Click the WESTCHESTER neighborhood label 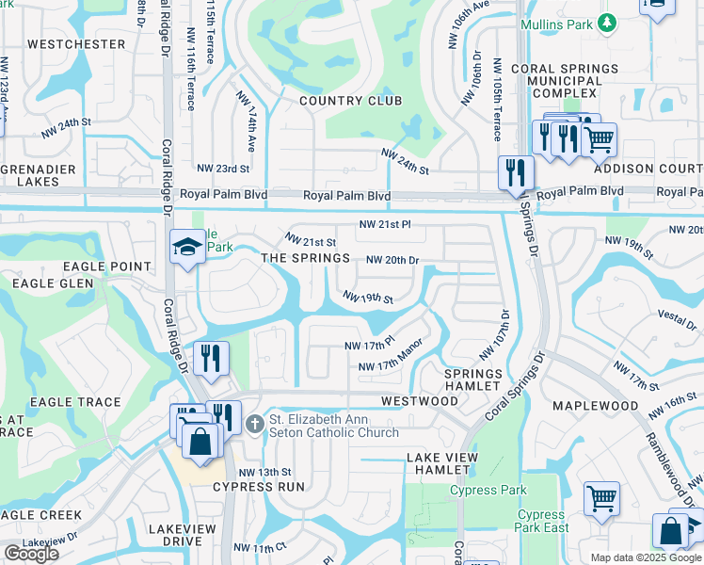pos(76,44)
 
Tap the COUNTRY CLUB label pos(350,101)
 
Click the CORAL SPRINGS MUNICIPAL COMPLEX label pos(565,81)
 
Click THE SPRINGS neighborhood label pos(305,258)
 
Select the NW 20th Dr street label pos(392,260)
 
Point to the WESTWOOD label pos(419,401)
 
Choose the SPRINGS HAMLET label pos(472,379)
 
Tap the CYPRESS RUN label pos(258,487)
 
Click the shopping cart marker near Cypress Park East pos(600,498)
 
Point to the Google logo pos(31,553)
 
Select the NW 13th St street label pos(265,472)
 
